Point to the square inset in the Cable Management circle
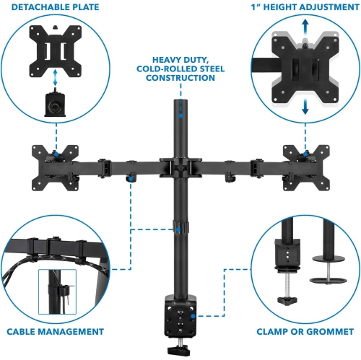[x=58, y=292]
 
